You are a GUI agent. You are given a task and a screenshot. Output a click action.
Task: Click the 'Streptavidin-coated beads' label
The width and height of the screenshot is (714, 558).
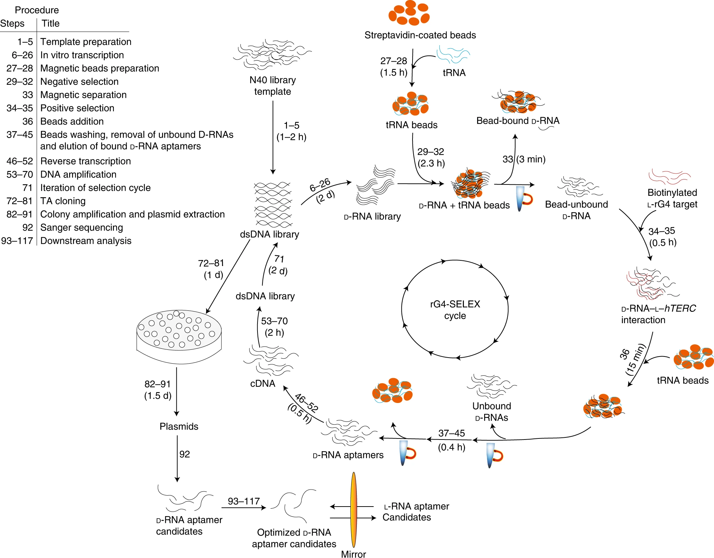point(420,35)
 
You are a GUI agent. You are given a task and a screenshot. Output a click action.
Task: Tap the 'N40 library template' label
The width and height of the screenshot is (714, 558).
point(272,86)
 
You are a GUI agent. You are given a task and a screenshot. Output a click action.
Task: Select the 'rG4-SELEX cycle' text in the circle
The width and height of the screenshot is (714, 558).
point(455,310)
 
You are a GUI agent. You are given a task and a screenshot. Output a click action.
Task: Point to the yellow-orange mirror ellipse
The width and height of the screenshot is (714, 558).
point(354,509)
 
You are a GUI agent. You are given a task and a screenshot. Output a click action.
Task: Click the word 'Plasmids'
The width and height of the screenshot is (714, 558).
point(179,426)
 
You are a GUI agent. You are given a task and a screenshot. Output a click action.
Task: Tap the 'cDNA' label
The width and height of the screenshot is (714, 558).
point(262,383)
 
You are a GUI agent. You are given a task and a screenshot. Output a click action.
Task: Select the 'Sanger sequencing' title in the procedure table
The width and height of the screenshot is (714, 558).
point(82,227)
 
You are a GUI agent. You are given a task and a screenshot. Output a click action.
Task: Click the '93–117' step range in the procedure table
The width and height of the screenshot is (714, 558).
point(17,241)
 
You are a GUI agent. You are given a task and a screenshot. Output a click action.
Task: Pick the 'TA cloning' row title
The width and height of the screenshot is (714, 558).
point(63,201)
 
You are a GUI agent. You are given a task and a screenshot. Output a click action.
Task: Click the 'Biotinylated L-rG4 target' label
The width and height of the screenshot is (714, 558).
point(672,198)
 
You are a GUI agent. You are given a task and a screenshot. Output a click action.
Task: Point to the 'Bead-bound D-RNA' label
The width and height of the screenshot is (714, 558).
point(518,121)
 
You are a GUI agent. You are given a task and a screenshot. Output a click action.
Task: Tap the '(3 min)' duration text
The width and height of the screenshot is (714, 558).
point(531,159)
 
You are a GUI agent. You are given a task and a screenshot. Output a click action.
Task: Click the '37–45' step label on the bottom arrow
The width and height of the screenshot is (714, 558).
point(452,433)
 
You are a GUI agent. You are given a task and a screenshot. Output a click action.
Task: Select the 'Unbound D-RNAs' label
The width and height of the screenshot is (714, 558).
point(492,412)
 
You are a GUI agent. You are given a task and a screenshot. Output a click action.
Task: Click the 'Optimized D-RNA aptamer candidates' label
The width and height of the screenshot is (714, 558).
point(294,538)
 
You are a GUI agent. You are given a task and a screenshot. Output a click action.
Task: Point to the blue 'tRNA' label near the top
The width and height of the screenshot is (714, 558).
point(454,73)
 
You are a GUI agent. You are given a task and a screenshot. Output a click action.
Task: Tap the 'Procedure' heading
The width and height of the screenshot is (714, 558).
point(37,10)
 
